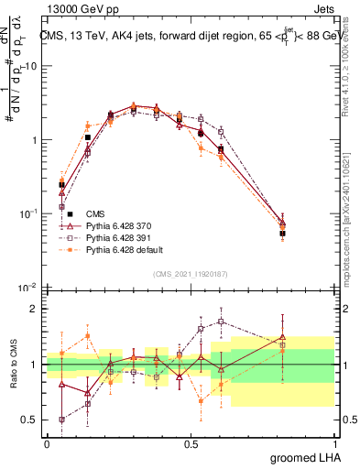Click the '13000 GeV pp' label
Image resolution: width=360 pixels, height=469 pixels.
(76, 7)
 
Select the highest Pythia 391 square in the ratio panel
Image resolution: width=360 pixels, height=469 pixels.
(221, 322)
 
